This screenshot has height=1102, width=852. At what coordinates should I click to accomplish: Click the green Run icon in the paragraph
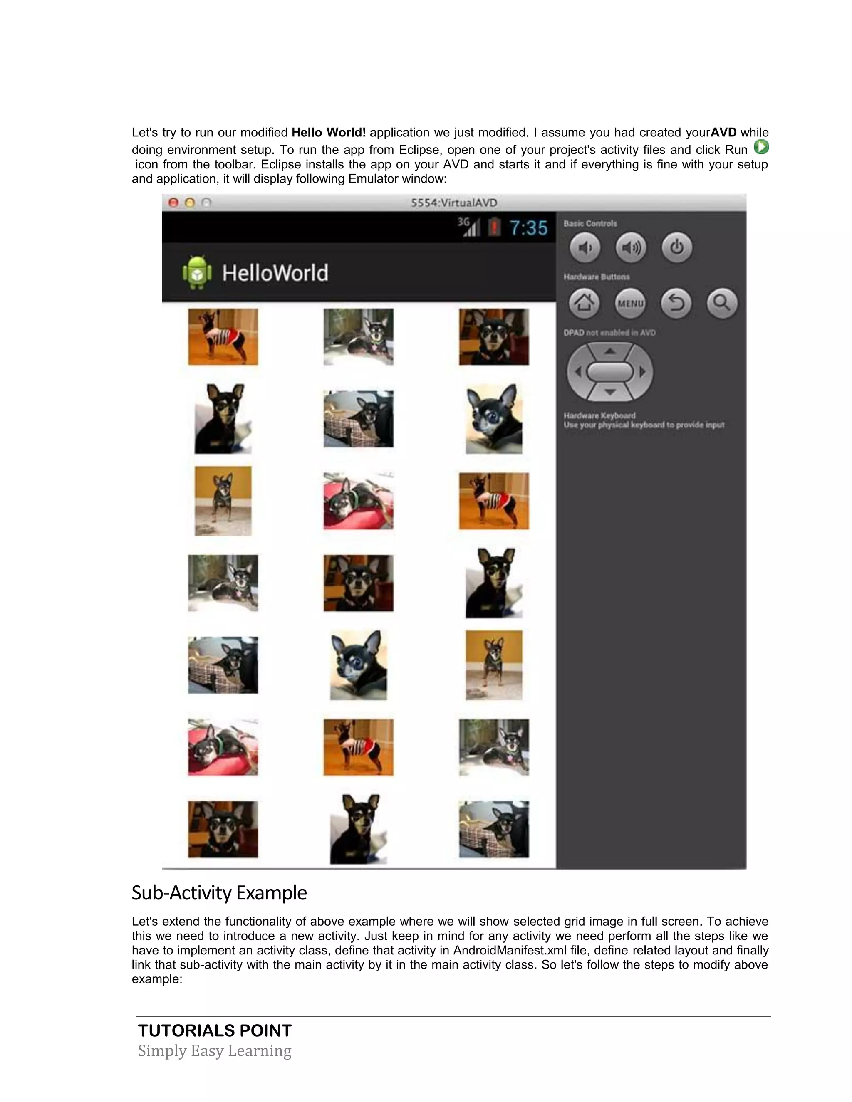[760, 147]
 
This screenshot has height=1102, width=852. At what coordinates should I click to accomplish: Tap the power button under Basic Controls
[676, 248]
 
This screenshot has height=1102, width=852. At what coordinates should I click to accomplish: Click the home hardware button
[584, 303]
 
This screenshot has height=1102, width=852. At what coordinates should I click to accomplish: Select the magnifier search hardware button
[722, 303]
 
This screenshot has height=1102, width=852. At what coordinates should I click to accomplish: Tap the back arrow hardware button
[676, 303]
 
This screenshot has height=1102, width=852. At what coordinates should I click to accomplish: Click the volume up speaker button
[630, 248]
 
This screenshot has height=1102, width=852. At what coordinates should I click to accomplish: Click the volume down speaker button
[585, 248]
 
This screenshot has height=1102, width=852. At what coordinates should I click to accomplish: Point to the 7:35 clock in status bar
[528, 228]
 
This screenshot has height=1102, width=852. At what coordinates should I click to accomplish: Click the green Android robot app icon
[197, 273]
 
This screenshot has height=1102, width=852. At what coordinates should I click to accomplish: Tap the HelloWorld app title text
[275, 273]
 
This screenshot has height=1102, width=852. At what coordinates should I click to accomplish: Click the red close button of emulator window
[173, 203]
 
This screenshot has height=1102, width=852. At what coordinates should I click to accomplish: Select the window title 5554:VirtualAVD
[454, 203]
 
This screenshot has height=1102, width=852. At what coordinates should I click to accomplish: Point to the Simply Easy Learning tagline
[215, 1051]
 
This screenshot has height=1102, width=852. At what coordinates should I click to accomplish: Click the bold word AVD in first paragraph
[723, 133]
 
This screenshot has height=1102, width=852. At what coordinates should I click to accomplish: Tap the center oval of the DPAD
[610, 372]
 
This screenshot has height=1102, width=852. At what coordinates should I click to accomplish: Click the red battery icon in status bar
[494, 227]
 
